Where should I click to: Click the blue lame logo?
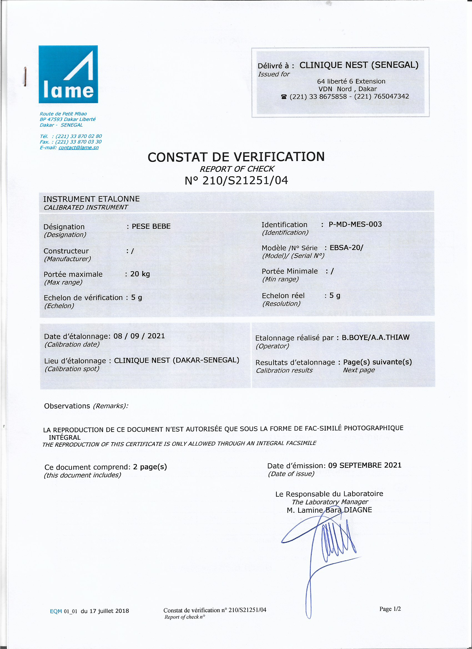[68, 74]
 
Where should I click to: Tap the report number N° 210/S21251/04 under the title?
[236, 180]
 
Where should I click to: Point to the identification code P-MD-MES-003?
[355, 224]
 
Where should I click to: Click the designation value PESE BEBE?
[151, 226]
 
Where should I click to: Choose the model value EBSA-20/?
[346, 248]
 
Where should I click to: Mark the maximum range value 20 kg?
[140, 274]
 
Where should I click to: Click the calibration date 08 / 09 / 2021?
[139, 336]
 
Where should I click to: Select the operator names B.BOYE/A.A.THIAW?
[375, 337]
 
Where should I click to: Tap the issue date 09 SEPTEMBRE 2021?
[364, 465]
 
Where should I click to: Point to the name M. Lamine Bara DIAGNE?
[329, 510]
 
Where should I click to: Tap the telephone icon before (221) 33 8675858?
[284, 97]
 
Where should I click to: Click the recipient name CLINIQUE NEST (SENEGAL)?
[359, 65]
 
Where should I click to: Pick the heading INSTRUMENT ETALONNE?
[91, 199]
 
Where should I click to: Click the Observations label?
[67, 406]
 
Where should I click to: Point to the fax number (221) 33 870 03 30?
[78, 142]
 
